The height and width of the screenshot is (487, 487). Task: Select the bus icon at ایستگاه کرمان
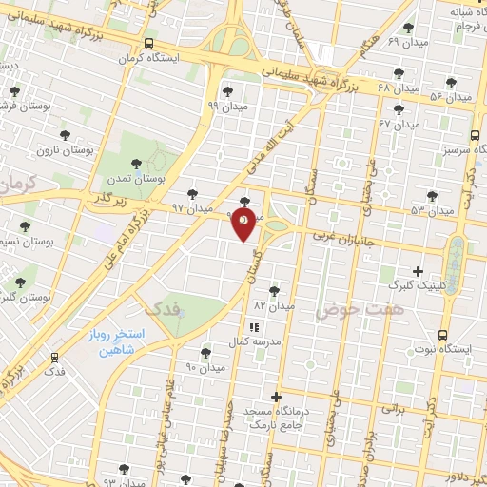(x=147, y=43)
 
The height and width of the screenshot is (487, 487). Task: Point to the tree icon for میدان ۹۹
(x=227, y=92)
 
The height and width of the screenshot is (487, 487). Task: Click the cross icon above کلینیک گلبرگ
(x=418, y=271)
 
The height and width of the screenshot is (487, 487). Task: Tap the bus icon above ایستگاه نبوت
(x=443, y=335)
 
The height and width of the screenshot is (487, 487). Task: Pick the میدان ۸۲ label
(x=275, y=306)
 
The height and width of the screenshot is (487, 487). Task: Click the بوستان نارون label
(x=63, y=150)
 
